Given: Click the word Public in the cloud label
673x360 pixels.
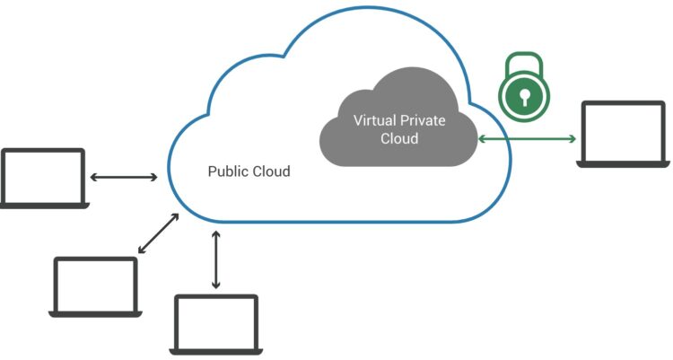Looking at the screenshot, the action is pyautogui.click(x=224, y=171).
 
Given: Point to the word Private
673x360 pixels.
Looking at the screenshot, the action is pyautogui.click(x=422, y=120).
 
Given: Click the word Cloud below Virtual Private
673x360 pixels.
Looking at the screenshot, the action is pyautogui.click(x=399, y=138).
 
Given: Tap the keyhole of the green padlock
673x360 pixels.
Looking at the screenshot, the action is pyautogui.click(x=525, y=98).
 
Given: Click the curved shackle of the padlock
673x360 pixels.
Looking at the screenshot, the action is pyautogui.click(x=525, y=65).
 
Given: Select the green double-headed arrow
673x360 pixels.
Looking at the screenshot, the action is pyautogui.click(x=527, y=139).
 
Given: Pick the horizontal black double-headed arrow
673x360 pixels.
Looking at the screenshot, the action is pyautogui.click(x=124, y=177).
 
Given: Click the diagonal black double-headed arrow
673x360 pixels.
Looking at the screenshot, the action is pyautogui.click(x=158, y=233).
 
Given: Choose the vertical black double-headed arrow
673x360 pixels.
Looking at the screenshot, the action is pyautogui.click(x=216, y=260).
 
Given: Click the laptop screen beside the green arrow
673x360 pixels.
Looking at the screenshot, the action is pyautogui.click(x=623, y=131).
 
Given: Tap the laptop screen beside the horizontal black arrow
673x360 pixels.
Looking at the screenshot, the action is pyautogui.click(x=43, y=176).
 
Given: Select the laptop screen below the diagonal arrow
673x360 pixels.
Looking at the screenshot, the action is pyautogui.click(x=96, y=285).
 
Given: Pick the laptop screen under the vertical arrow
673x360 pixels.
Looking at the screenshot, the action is pyautogui.click(x=216, y=322).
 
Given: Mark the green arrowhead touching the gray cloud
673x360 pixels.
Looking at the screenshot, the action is pyautogui.click(x=482, y=139).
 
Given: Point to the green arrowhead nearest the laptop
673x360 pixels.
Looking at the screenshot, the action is pyautogui.click(x=572, y=139).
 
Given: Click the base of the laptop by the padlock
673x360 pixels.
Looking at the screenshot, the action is pyautogui.click(x=623, y=164).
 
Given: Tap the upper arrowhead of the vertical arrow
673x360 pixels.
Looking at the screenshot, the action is pyautogui.click(x=216, y=234).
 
